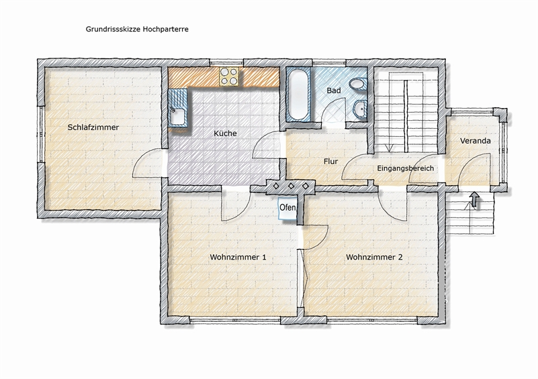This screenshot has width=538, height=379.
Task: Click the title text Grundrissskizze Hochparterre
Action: click(x=137, y=29)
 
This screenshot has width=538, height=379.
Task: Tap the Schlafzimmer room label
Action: click(x=93, y=127)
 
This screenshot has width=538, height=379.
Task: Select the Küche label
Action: click(x=225, y=133)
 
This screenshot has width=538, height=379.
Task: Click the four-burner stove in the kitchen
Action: click(x=229, y=76)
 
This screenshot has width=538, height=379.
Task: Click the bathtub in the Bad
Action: click(x=298, y=94)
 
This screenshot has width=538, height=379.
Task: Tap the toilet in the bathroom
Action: click(x=358, y=84)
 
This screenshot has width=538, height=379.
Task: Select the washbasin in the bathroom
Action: click(x=360, y=109)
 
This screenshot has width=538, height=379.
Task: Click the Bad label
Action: click(x=334, y=90)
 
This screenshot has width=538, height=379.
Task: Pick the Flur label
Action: click(x=330, y=161)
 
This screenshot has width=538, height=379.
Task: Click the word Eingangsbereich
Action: click(x=405, y=168)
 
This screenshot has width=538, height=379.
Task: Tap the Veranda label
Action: click(x=476, y=140)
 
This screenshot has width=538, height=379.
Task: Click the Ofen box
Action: click(x=287, y=208)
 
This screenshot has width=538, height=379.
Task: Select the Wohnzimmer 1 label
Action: click(x=238, y=257)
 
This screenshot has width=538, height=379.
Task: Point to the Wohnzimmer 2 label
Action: click(x=374, y=257)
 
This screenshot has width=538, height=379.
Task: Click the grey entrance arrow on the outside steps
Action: click(x=474, y=199)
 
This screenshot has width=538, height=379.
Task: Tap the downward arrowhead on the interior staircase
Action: click(x=389, y=148)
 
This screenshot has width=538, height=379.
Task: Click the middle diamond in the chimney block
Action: click(x=291, y=186)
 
